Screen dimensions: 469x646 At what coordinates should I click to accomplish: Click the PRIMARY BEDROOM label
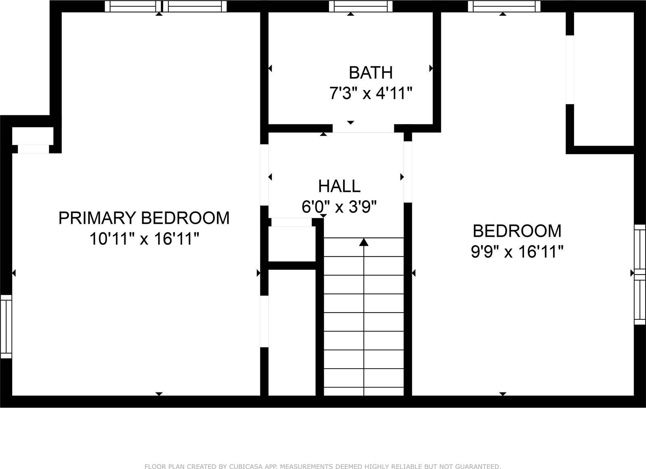pyautogui.click(x=144, y=218)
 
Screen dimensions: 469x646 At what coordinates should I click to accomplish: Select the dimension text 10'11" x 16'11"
pyautogui.click(x=144, y=239)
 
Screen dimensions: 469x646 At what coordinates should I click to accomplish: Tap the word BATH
pyautogui.click(x=370, y=73)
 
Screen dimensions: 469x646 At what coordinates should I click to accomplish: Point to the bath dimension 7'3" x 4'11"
pyautogui.click(x=370, y=94)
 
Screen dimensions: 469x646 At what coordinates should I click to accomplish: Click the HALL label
pyautogui.click(x=339, y=186)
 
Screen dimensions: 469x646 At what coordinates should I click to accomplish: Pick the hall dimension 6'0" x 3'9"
pyautogui.click(x=339, y=207)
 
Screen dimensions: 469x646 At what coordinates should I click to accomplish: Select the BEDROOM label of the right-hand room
pyautogui.click(x=517, y=231)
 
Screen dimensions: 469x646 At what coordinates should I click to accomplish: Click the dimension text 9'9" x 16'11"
pyautogui.click(x=517, y=252)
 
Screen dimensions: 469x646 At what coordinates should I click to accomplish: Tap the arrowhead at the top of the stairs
pyautogui.click(x=364, y=242)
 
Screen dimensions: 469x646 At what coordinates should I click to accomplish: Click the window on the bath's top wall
pyautogui.click(x=360, y=6)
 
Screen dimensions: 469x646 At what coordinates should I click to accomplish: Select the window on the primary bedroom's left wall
pyautogui.click(x=6, y=326)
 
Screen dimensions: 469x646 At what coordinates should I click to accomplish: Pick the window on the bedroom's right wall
pyautogui.click(x=640, y=274)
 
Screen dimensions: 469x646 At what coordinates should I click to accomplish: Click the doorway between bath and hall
pyautogui.click(x=363, y=128)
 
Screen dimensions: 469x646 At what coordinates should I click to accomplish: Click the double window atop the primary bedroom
pyautogui.click(x=166, y=6)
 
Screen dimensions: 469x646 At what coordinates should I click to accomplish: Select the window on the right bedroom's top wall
pyautogui.click(x=503, y=6)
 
